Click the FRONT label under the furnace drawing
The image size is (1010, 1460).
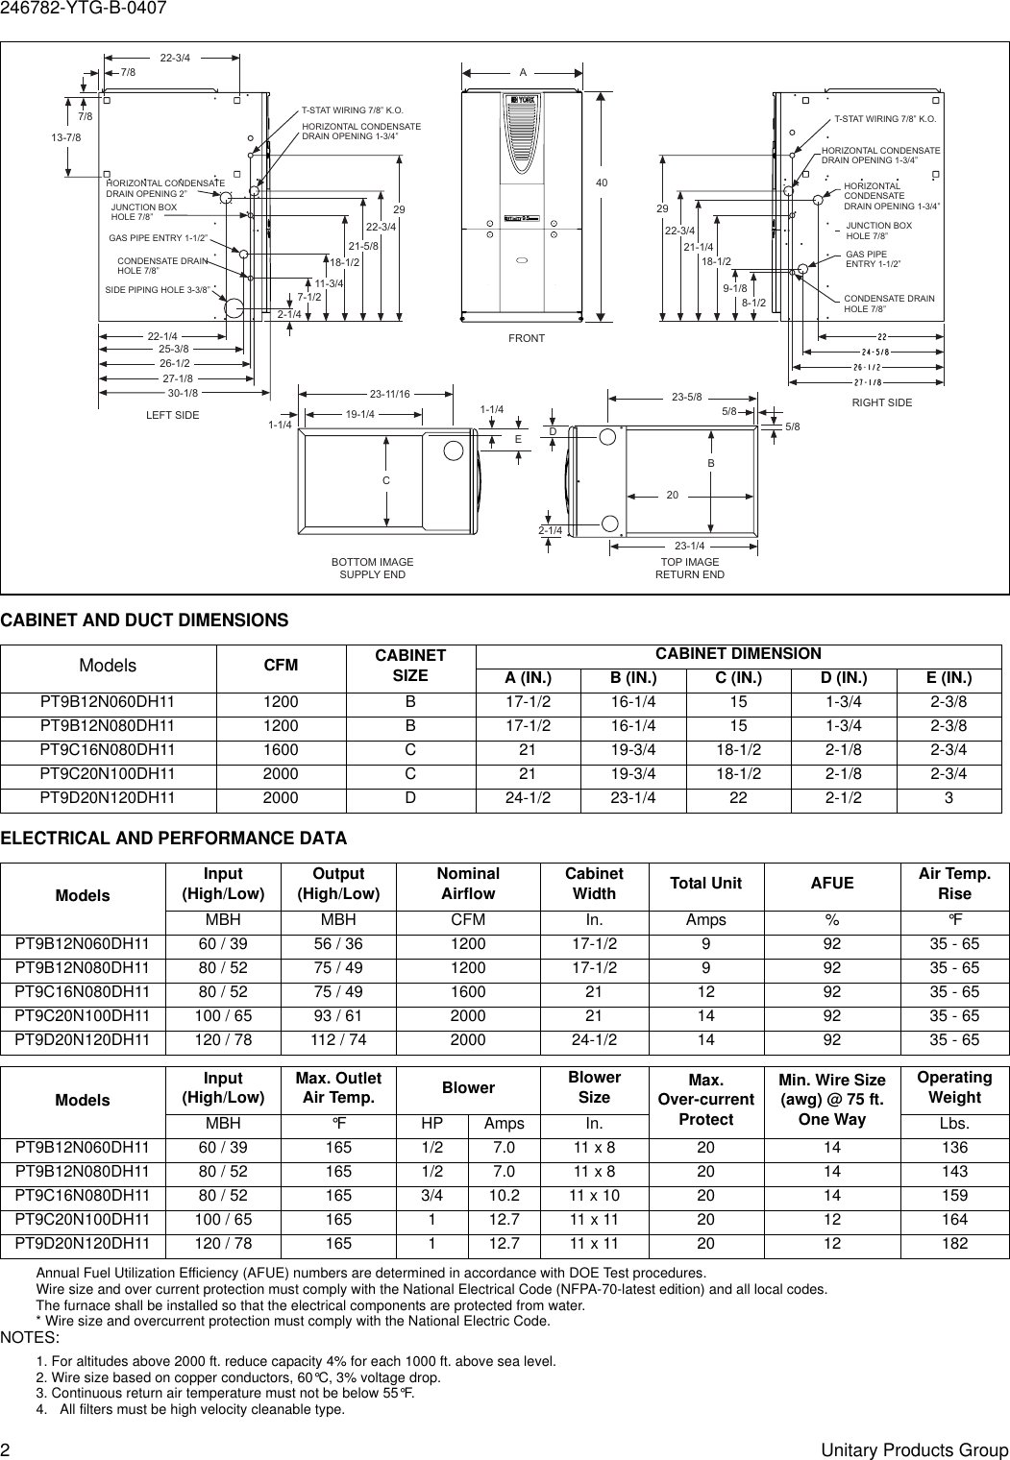click(527, 338)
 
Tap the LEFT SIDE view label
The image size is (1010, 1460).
click(173, 415)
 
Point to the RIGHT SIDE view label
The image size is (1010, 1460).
click(882, 402)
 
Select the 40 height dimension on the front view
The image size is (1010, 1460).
click(602, 182)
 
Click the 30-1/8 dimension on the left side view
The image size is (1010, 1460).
click(183, 393)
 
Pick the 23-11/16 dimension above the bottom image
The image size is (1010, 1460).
click(390, 394)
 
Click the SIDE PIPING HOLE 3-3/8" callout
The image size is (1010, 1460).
click(157, 289)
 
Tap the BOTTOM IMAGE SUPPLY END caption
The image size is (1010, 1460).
click(373, 568)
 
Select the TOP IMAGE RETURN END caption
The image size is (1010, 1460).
click(690, 568)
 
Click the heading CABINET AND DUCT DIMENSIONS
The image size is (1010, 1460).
click(144, 620)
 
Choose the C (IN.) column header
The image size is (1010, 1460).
click(738, 678)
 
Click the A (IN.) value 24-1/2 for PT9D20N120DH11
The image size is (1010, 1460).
click(528, 797)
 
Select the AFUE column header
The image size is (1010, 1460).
click(832, 883)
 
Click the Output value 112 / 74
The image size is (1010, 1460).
click(338, 1039)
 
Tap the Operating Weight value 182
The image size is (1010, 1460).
click(955, 1243)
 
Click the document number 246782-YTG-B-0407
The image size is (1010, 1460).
click(84, 9)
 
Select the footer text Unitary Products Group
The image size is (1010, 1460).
click(915, 1450)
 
